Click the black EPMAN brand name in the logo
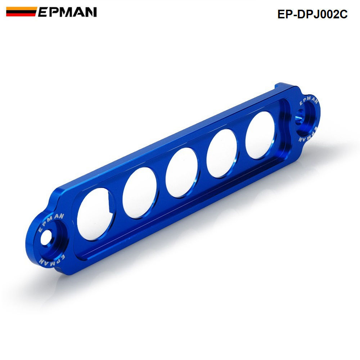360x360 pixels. (67, 12)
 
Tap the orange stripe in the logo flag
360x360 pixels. (22, 9)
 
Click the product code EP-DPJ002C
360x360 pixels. (312, 14)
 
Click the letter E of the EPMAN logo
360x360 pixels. (43, 12)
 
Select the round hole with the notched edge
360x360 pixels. (95, 214)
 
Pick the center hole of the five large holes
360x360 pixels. (181, 172)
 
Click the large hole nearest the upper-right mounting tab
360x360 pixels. (260, 135)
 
